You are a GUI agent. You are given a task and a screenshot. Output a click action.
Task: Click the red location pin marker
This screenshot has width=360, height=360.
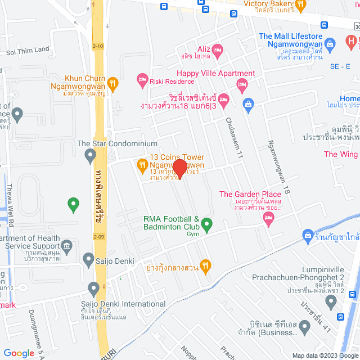179,168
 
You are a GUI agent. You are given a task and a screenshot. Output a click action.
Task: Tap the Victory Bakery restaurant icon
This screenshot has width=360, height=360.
300,6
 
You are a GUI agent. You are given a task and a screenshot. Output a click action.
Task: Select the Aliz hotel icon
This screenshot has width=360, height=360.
218,50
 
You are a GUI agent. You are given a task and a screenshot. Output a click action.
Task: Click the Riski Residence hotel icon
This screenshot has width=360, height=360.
142,80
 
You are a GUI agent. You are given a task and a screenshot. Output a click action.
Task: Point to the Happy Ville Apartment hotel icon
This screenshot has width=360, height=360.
242,86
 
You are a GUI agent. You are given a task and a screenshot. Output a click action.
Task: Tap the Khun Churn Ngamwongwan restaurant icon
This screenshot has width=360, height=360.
113,84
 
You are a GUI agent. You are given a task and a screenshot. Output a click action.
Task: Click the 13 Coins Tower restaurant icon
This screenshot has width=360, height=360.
142,165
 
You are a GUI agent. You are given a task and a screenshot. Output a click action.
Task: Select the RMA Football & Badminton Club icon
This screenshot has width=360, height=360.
206,225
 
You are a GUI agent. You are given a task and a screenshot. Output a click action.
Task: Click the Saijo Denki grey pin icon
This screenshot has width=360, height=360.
88,259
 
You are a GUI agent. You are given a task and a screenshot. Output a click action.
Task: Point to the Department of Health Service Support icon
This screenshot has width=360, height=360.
66,245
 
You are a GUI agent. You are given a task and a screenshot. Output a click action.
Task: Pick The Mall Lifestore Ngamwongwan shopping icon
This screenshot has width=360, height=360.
330,43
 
